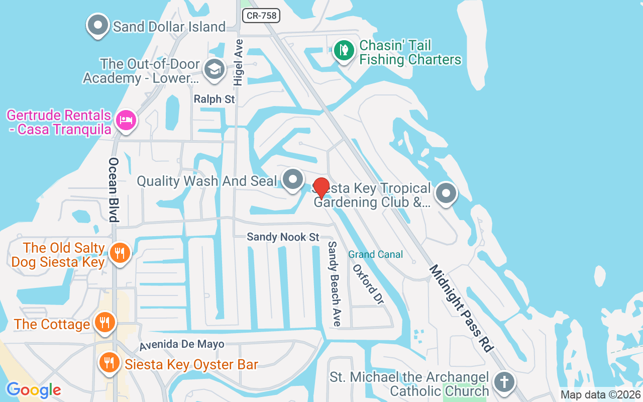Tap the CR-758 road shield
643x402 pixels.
(261, 16)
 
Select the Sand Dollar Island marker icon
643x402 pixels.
(98, 25)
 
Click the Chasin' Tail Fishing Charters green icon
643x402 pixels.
(344, 50)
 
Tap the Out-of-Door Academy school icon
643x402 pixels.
(215, 70)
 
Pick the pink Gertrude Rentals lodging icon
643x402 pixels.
(126, 121)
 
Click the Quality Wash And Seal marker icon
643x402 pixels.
(292, 179)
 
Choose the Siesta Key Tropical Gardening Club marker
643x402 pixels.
(445, 193)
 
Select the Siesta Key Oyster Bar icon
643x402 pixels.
(109, 362)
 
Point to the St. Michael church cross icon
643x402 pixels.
(504, 382)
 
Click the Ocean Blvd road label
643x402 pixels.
(114, 189)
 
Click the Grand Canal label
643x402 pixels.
(376, 254)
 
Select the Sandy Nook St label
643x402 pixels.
(283, 237)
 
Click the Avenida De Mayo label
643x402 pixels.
(182, 345)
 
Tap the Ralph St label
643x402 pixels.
(215, 99)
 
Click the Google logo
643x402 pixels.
(34, 389)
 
